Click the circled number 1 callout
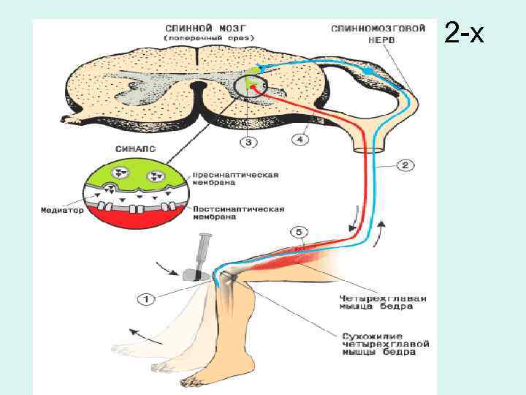click(146, 298)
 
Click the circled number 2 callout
click(407, 165)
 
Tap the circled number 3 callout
click(248, 142)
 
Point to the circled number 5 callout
click(299, 233)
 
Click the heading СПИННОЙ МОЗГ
click(209, 25)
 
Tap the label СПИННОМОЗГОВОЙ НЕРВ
click(377, 34)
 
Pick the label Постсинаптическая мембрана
click(237, 213)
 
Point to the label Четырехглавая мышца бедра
click(384, 301)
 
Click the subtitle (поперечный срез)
click(209, 37)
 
